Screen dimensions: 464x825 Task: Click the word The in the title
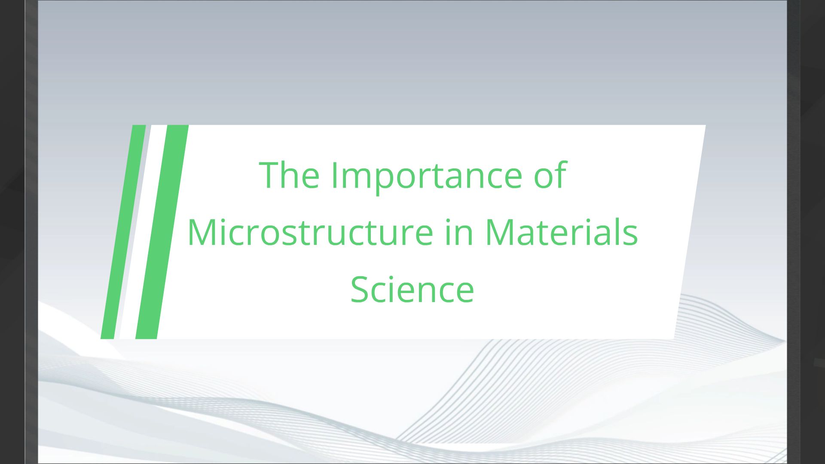click(x=289, y=175)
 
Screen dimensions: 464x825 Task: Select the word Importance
click(x=427, y=176)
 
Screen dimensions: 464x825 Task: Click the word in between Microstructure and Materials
click(x=458, y=232)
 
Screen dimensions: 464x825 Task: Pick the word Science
click(x=412, y=290)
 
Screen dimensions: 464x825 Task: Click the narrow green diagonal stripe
click(x=123, y=232)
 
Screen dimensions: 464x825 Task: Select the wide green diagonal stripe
click(x=162, y=232)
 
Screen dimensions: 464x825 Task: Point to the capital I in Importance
click(x=334, y=175)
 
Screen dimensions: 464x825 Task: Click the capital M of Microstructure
click(x=202, y=232)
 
